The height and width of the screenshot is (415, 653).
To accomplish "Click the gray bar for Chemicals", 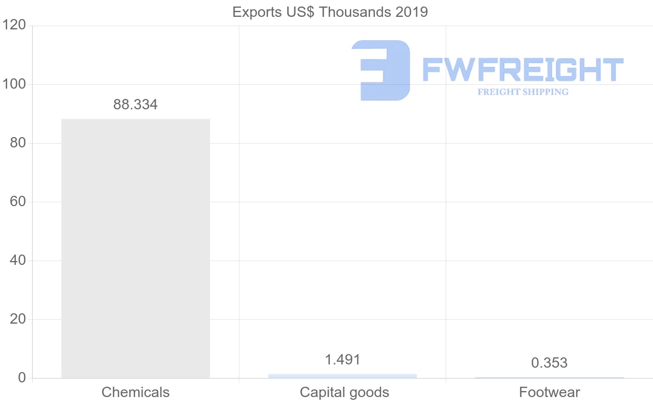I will click(135, 248).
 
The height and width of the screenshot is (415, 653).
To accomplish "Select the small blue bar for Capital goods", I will click(342, 376).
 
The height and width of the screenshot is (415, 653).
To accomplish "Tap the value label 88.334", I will click(135, 105).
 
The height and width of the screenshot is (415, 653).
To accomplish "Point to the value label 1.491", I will click(342, 360).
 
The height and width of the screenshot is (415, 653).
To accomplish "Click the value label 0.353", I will click(549, 363).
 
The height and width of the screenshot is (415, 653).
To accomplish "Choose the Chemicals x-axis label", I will click(135, 392).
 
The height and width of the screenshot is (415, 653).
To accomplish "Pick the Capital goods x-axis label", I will click(344, 392).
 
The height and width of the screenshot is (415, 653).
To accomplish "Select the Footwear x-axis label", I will click(550, 392).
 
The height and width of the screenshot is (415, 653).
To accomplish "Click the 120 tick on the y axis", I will click(15, 26).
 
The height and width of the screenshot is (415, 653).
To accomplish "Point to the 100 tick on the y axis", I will click(15, 84).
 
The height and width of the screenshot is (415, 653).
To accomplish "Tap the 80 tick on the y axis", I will click(18, 143).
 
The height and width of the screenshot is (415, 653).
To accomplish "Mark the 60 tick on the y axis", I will click(18, 202).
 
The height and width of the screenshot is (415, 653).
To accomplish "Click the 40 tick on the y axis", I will click(18, 261).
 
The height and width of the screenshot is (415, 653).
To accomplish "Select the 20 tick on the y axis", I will click(18, 319).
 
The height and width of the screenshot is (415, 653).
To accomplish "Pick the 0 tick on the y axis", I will click(22, 378).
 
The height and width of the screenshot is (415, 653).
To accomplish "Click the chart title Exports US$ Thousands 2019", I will click(330, 12).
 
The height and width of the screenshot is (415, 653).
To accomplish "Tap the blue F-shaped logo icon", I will click(380, 70).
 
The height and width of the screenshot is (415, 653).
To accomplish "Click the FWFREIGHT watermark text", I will click(522, 70).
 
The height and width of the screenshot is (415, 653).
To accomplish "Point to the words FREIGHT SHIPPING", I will click(523, 92).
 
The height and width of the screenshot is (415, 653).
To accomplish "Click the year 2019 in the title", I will click(411, 12).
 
